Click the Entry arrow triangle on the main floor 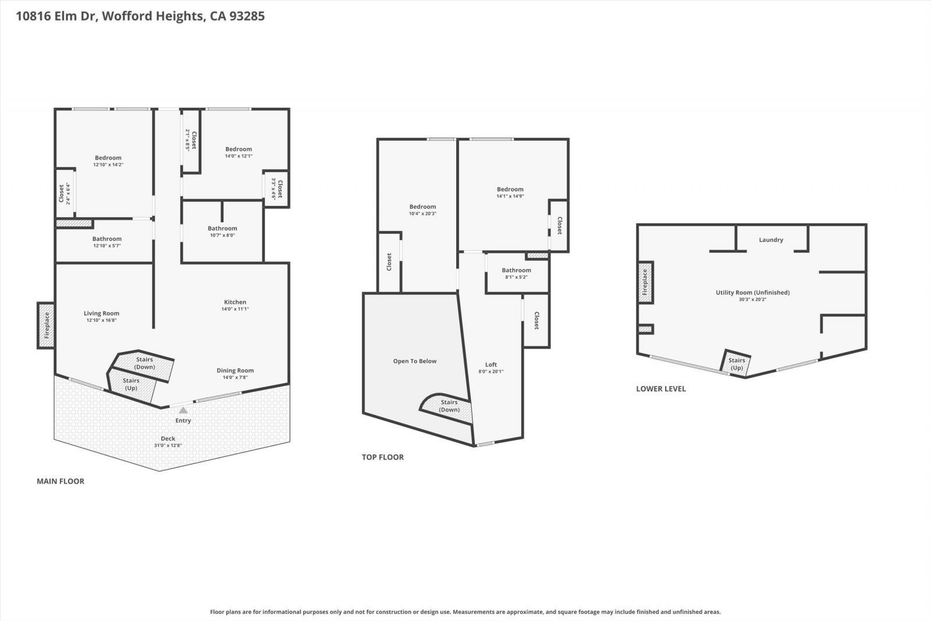tap(183, 410)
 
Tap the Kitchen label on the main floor tap(235, 302)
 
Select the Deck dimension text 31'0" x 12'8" tap(168, 445)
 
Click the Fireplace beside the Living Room tap(47, 325)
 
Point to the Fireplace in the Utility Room tap(645, 282)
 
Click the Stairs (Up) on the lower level tap(737, 364)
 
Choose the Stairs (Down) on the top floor tap(449, 406)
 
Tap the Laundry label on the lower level tap(771, 240)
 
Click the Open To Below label tap(414, 361)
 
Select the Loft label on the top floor tap(491, 365)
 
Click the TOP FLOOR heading tap(382, 457)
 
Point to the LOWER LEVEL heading tap(660, 389)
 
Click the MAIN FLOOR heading tap(61, 481)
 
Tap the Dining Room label tap(235, 371)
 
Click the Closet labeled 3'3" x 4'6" tap(277, 189)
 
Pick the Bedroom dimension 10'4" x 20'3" tap(422, 214)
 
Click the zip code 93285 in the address tap(246, 16)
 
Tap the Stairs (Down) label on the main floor tap(144, 363)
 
